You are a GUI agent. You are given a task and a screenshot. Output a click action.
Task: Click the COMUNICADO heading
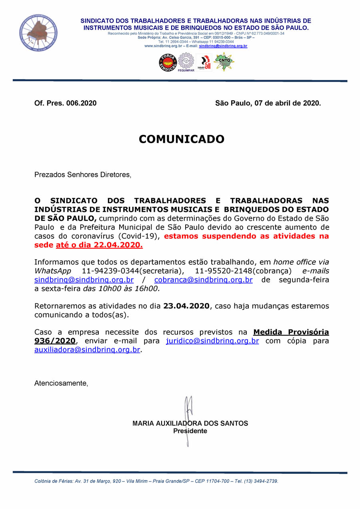point(182,139)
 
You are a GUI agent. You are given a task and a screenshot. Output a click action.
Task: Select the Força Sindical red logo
point(168,62)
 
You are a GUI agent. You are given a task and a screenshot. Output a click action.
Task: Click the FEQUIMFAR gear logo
point(186,62)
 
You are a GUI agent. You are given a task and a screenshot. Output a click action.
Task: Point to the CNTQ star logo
point(224,62)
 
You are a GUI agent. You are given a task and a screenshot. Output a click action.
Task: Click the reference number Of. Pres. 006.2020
point(65,103)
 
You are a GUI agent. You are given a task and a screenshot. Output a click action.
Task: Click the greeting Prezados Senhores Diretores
point(82,175)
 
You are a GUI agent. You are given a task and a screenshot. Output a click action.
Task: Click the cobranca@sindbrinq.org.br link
point(203,280)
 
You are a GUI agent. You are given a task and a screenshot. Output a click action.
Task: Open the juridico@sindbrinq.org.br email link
point(212,341)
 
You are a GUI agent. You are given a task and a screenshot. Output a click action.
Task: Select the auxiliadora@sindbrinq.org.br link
point(87,350)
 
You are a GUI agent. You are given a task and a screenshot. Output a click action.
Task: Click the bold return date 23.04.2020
point(186,306)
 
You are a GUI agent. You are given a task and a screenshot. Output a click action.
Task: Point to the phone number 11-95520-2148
point(222,271)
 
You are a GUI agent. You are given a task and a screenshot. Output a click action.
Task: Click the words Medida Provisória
point(291,332)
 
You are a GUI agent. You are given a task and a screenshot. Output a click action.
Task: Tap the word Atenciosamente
point(61,383)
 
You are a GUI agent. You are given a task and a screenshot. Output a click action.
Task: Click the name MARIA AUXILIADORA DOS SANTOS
point(190,423)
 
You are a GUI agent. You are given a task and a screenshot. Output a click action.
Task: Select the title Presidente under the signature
point(190,431)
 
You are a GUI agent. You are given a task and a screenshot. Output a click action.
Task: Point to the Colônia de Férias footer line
point(156,481)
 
